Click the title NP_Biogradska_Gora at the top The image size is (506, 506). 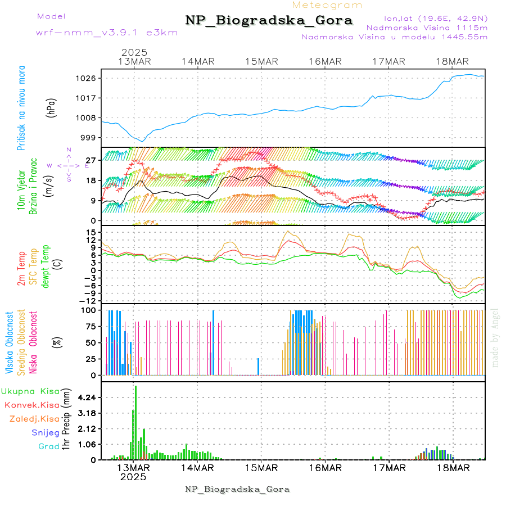[269, 21]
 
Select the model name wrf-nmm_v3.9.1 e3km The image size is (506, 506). [107, 32]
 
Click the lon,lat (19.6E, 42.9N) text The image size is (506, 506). [435, 18]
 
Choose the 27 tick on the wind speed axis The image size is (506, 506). [91, 160]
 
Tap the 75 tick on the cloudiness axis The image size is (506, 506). [90, 326]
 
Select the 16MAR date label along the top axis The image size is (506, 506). [325, 61]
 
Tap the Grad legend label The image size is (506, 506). [49, 446]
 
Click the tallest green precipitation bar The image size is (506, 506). [135, 422]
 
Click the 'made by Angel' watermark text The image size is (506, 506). [495, 337]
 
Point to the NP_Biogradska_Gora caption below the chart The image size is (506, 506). [237, 489]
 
